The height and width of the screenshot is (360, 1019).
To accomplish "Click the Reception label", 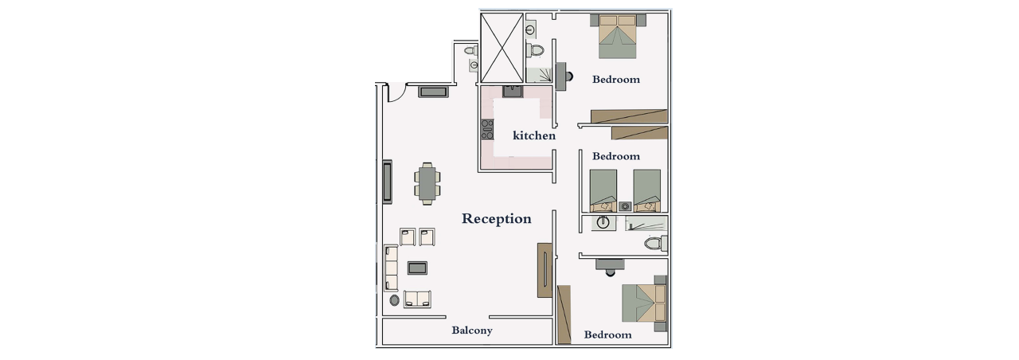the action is [496, 219].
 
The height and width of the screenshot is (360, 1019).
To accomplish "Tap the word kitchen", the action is [534, 135].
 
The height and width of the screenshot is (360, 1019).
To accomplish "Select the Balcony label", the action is [472, 331].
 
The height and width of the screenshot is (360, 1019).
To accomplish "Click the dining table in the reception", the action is [428, 183].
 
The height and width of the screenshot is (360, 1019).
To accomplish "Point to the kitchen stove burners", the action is [487, 129].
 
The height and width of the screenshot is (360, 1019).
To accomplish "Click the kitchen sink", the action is [513, 91].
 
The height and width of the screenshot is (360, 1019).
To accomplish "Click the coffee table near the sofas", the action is [417, 268].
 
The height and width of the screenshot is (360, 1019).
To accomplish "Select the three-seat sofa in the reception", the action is [391, 268].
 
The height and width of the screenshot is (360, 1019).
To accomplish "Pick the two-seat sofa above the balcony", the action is [417, 299].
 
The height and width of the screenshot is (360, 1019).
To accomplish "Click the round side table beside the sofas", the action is [394, 300].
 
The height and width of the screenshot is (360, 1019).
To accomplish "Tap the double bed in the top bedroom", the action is [617, 37].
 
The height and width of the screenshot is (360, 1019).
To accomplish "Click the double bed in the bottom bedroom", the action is [644, 303].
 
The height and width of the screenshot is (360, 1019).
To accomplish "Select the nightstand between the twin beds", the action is [625, 206].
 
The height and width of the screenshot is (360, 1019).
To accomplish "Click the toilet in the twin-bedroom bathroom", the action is [655, 243].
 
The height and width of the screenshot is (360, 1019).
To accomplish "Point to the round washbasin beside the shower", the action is [603, 223].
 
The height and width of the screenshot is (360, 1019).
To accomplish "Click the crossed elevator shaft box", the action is [502, 48].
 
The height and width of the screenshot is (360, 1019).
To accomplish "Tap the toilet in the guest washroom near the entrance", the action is [471, 50].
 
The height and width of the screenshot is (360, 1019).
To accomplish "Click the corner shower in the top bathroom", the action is [539, 75].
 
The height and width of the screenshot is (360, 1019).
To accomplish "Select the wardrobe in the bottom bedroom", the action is [564, 315].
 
